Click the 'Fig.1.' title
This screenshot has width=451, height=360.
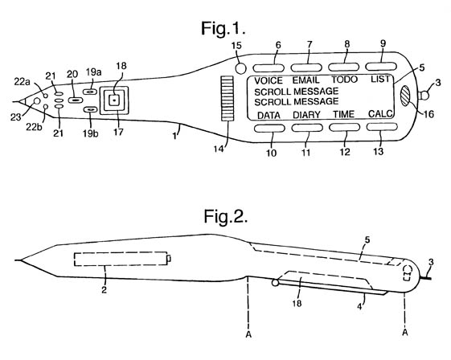pos(223,28)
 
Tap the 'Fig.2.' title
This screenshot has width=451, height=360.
pos(226,216)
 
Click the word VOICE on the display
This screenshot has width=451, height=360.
pos(269,80)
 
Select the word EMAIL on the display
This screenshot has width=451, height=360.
pos(305,80)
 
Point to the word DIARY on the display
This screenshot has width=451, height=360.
pos(306,115)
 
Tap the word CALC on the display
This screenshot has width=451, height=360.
pos(380,113)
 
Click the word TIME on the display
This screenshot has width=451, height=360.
pos(344,114)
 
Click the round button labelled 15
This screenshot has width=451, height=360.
pos(240,68)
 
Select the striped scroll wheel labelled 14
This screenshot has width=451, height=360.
pos(228,98)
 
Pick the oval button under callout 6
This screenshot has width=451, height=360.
pos(269,67)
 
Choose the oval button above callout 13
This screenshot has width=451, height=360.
pos(382,127)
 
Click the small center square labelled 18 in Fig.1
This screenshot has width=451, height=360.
pos(114,100)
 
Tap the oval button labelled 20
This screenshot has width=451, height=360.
pos(76,100)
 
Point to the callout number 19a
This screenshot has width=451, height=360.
pos(93,72)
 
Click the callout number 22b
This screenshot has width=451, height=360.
pos(34,126)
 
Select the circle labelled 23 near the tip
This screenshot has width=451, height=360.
pos(37,100)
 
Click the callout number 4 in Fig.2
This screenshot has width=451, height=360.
pos(359,306)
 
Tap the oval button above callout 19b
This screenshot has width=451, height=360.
pos(91,109)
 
